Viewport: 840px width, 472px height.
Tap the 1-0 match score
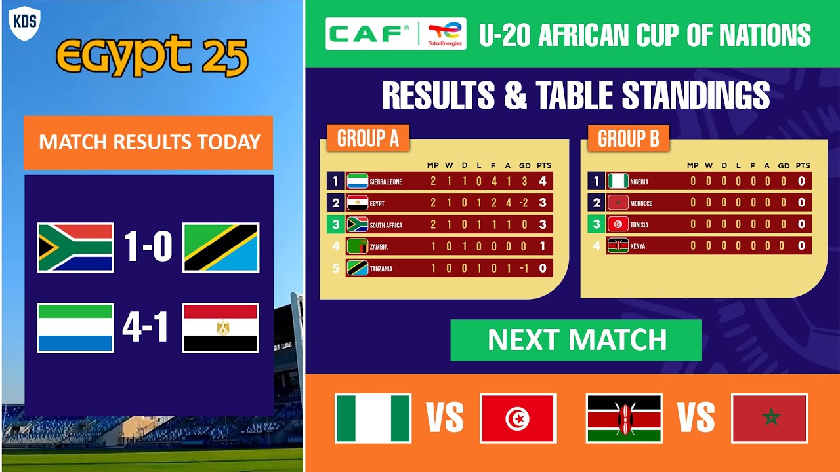(x=148, y=247)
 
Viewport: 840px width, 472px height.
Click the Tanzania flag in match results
(x=220, y=247)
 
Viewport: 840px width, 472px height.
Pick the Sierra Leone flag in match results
(x=75, y=328)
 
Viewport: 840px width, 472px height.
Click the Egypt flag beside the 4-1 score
(x=220, y=328)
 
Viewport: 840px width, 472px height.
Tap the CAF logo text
(x=370, y=34)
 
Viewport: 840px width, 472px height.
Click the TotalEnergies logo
(x=446, y=34)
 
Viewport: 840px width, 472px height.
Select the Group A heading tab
(x=367, y=139)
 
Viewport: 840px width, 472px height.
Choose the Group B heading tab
(x=628, y=139)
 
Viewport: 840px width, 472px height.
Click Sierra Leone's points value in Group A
(x=543, y=182)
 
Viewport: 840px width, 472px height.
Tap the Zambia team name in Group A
(x=379, y=247)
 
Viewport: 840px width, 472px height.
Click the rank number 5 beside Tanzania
(x=335, y=268)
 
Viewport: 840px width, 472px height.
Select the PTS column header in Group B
(x=802, y=165)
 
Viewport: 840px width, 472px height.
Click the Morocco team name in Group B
(x=641, y=203)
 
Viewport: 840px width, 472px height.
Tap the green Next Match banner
(x=576, y=340)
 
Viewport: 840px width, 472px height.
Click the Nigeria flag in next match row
(x=373, y=418)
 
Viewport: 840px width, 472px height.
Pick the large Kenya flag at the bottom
(x=624, y=418)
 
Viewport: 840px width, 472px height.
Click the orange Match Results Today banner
(x=148, y=142)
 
